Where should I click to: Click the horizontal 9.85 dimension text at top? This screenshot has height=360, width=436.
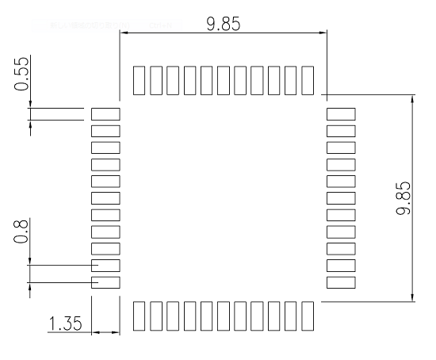coord(224,24)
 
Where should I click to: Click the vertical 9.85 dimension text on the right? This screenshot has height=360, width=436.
coord(403,197)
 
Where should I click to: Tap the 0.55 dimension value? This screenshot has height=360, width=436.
coord(21,74)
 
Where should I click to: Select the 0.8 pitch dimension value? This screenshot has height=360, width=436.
coord(21,232)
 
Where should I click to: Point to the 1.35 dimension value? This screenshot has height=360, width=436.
coord(66,324)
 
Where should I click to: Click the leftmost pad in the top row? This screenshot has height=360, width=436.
coord(139,80)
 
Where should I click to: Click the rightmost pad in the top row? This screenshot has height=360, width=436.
coord(308,80)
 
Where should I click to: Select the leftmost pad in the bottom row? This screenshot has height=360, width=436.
coord(139,316)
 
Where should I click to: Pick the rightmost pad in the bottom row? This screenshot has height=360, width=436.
coord(308,316)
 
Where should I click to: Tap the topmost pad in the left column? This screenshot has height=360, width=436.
coord(105,114)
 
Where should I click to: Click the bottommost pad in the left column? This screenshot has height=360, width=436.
coord(105,282)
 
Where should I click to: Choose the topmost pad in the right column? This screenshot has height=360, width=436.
coord(341,114)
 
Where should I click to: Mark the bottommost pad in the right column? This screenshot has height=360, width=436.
coord(341,282)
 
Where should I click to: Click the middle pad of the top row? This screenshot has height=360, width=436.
coord(224,80)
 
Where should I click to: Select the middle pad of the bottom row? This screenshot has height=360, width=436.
coord(224,316)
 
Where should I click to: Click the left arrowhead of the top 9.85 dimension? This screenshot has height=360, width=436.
coord(124,33)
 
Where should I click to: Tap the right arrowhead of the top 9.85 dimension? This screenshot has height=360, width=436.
coord(323,33)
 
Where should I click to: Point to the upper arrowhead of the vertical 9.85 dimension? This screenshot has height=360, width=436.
coord(412,99)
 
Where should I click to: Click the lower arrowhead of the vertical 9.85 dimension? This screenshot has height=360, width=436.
coord(412,297)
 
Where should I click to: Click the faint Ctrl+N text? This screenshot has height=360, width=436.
coord(160,25)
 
